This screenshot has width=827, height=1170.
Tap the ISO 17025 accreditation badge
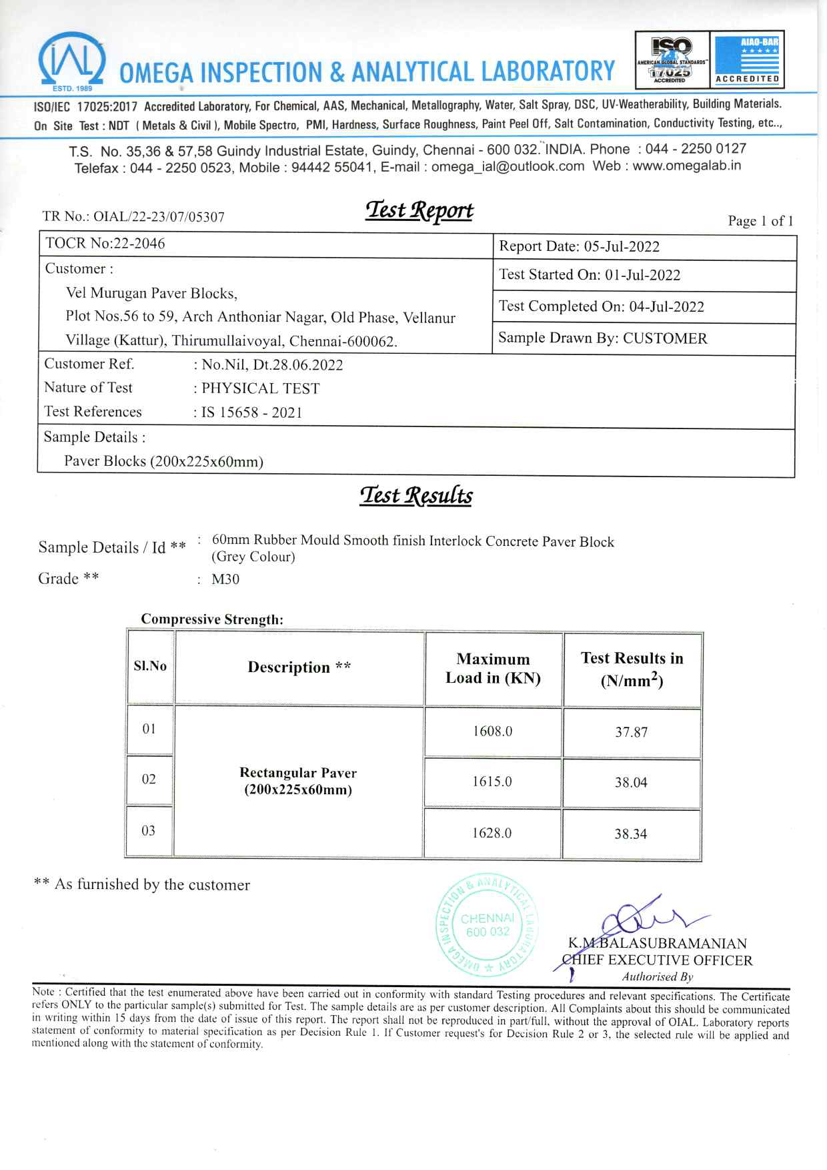pyautogui.click(x=672, y=59)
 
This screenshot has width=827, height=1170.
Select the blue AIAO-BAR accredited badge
pyautogui.click(x=747, y=59)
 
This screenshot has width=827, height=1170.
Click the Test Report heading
pyautogui.click(x=419, y=211)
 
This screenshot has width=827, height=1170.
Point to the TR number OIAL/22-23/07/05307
pyautogui.click(x=133, y=216)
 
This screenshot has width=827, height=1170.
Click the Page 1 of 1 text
pyautogui.click(x=760, y=221)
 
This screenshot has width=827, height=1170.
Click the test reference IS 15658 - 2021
pyautogui.click(x=251, y=412)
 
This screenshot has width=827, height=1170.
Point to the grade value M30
pyautogui.click(x=225, y=579)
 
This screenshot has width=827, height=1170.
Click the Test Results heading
pyautogui.click(x=416, y=496)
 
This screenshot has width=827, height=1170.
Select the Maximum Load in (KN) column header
pyautogui.click(x=493, y=668)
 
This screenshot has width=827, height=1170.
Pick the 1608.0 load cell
pyautogui.click(x=492, y=731)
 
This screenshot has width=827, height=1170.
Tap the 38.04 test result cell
pyautogui.click(x=631, y=782)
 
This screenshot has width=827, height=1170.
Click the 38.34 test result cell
pyautogui.click(x=631, y=834)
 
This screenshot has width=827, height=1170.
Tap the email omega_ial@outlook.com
pyautogui.click(x=508, y=167)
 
